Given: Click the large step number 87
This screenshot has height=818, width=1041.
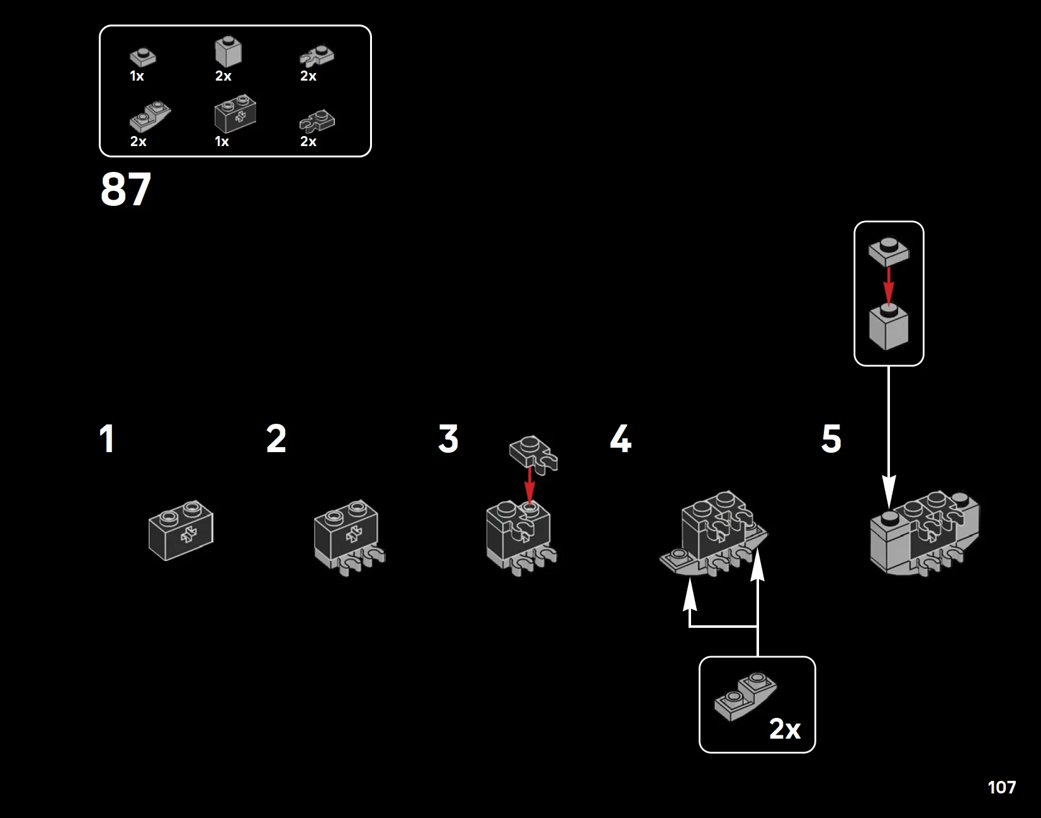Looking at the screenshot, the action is (126, 190).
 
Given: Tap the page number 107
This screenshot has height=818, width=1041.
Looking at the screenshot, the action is (1002, 787).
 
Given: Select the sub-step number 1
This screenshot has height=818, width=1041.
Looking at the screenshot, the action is (107, 438).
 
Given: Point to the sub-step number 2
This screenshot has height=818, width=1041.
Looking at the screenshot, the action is (276, 438).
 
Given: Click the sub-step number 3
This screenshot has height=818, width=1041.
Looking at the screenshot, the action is (448, 438).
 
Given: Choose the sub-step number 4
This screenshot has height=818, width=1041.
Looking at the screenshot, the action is (621, 438).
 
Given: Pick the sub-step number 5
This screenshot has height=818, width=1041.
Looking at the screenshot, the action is (831, 438).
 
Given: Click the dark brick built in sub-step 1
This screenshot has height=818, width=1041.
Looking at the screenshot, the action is (181, 530).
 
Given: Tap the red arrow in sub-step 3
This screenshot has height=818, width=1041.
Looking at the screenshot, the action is (529, 484).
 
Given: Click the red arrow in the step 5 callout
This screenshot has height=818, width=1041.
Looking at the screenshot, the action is (889, 286).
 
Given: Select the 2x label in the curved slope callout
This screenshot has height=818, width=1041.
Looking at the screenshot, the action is (785, 729).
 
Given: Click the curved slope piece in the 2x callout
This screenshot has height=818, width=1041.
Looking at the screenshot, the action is (745, 696).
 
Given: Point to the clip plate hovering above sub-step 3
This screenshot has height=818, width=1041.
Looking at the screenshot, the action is (533, 455).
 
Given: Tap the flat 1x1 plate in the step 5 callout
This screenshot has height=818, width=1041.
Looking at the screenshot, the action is (889, 252).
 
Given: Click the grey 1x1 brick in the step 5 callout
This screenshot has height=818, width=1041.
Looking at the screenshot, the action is (889, 327).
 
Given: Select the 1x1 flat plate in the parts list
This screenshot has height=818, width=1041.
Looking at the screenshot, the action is (143, 57).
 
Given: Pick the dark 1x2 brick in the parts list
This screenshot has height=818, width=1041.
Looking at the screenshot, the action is (235, 113).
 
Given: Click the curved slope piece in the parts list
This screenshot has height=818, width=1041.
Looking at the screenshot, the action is (150, 116).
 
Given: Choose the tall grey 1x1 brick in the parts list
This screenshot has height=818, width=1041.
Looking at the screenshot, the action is (228, 51).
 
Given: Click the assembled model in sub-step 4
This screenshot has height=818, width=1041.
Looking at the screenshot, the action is (713, 533).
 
